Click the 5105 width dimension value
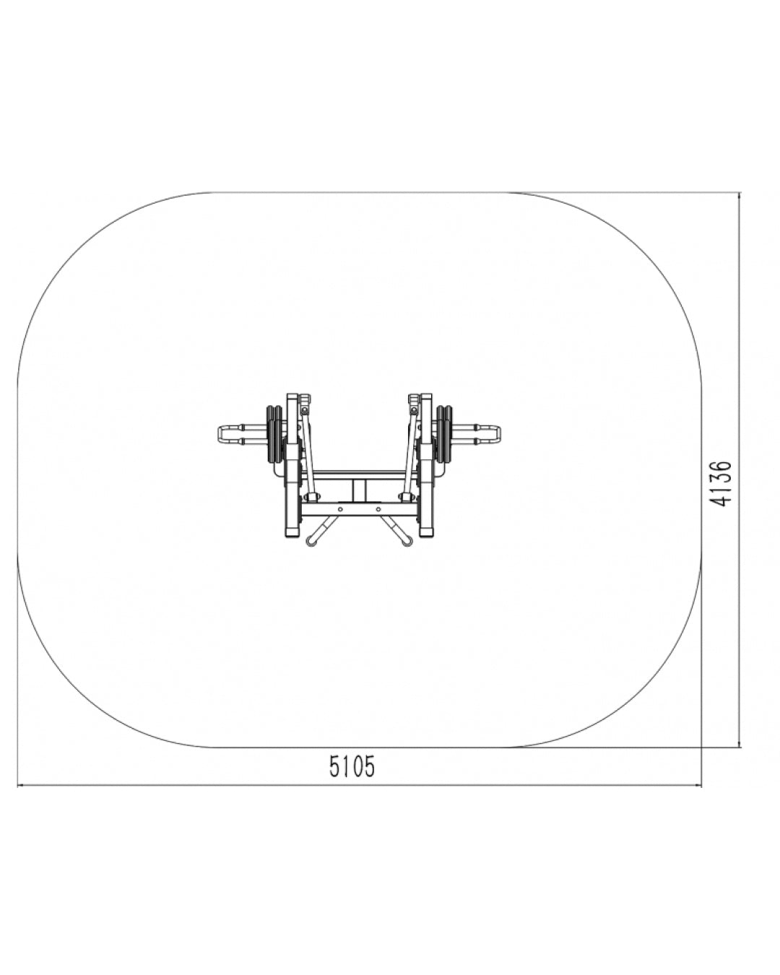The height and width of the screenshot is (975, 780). (352, 766)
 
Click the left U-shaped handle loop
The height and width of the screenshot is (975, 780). (221, 435)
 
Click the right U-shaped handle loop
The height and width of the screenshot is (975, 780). (497, 435)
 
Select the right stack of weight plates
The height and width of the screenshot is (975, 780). (446, 435)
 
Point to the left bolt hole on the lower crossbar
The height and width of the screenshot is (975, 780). (340, 508)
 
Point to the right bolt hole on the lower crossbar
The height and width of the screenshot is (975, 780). (378, 508)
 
